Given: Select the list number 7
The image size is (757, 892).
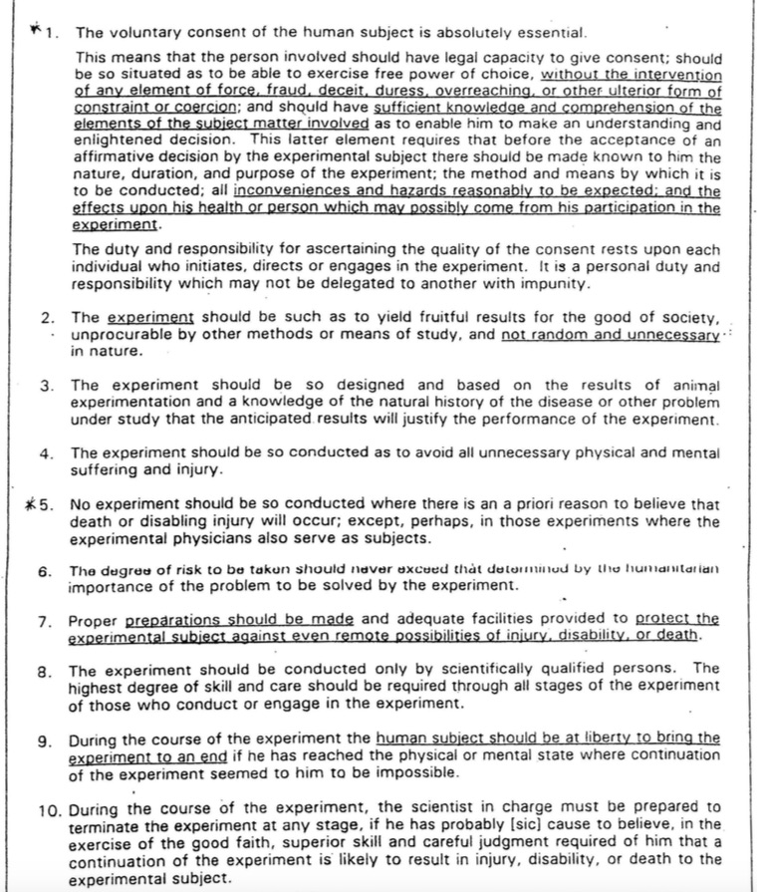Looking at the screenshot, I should pos(45,620).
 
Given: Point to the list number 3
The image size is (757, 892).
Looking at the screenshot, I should pos(46,386).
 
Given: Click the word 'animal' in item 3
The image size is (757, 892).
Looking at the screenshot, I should pos(694,386).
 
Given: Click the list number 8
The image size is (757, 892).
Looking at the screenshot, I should pos(45,671).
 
